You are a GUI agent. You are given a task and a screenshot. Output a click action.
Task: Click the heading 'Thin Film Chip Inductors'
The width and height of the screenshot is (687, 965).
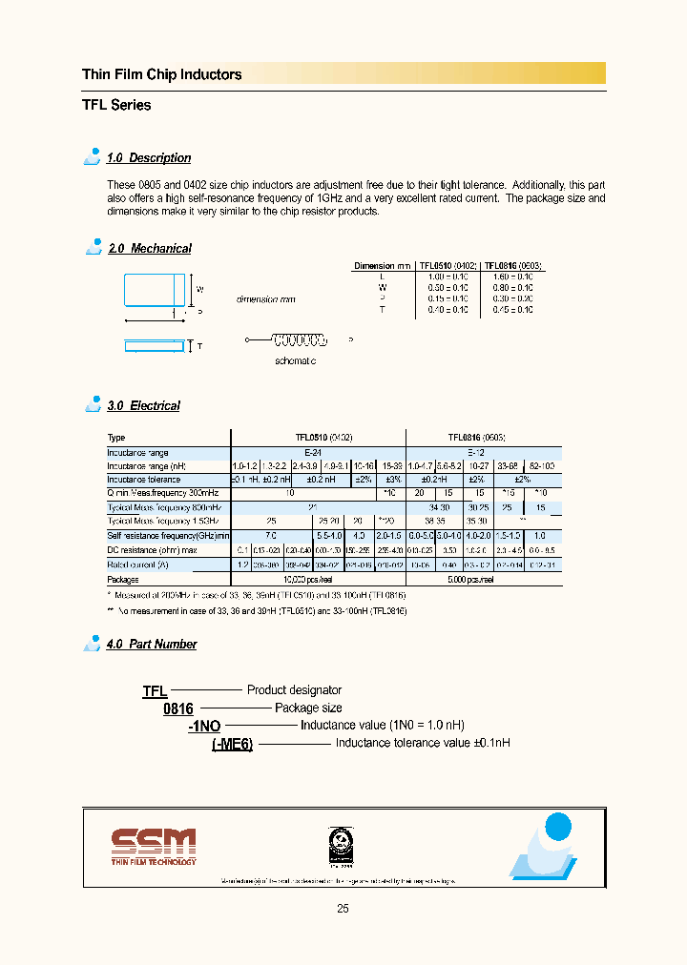(x=161, y=74)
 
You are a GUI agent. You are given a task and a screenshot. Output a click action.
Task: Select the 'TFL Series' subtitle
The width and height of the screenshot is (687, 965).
(x=116, y=105)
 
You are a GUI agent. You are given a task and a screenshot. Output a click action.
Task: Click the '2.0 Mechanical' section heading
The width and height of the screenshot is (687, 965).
(x=149, y=249)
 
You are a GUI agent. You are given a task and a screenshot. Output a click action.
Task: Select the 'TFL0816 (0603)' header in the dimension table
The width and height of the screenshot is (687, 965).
(x=514, y=266)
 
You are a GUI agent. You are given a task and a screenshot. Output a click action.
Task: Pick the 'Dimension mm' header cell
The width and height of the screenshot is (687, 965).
(x=383, y=266)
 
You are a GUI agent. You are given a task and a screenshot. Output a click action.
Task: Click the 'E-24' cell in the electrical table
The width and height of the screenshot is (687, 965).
(x=319, y=452)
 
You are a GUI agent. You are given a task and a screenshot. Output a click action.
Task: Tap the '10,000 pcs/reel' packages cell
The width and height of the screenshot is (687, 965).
(x=319, y=580)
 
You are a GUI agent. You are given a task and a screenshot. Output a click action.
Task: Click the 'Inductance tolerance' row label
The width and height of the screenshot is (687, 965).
(x=143, y=480)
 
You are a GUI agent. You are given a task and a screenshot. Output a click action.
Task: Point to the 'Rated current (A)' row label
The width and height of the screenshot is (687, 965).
(x=137, y=565)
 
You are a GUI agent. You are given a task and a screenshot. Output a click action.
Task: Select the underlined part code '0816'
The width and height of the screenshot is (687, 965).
(x=178, y=709)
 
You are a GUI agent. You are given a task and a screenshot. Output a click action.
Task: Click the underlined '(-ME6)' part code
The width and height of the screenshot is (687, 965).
(x=232, y=745)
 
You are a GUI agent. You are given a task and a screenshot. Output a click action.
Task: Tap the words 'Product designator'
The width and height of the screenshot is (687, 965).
(x=294, y=690)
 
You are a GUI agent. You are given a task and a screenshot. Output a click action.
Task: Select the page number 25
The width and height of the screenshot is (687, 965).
(x=343, y=909)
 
